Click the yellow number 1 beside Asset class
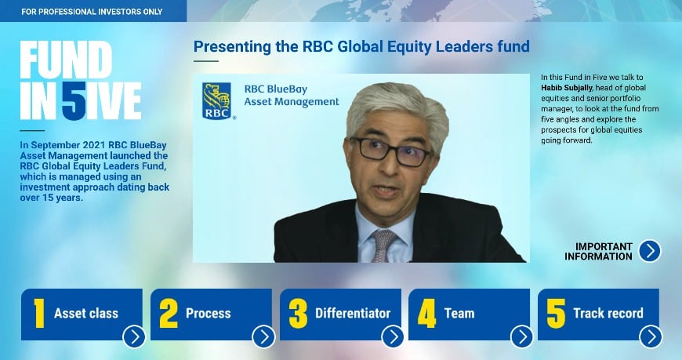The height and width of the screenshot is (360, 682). [38, 313]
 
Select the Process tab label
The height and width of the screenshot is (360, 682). [208, 313]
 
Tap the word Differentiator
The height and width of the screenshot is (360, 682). [353, 313]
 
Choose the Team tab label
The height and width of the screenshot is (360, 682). [459, 313]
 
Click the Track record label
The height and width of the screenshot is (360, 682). [608, 313]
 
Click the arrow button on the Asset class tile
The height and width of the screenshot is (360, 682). [134, 336]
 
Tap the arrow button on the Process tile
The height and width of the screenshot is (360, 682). [263, 336]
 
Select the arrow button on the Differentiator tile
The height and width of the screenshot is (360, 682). [392, 336]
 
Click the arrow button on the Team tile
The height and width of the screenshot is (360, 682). [521, 336]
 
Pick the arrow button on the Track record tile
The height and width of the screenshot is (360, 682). [650, 336]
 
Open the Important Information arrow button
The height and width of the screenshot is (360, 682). [649, 251]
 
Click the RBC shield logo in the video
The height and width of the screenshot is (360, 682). [217, 100]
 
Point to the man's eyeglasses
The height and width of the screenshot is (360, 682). [392, 149]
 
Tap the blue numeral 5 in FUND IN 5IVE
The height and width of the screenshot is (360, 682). [74, 100]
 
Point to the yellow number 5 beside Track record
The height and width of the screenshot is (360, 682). [556, 313]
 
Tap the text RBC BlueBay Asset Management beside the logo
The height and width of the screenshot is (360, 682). [291, 95]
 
